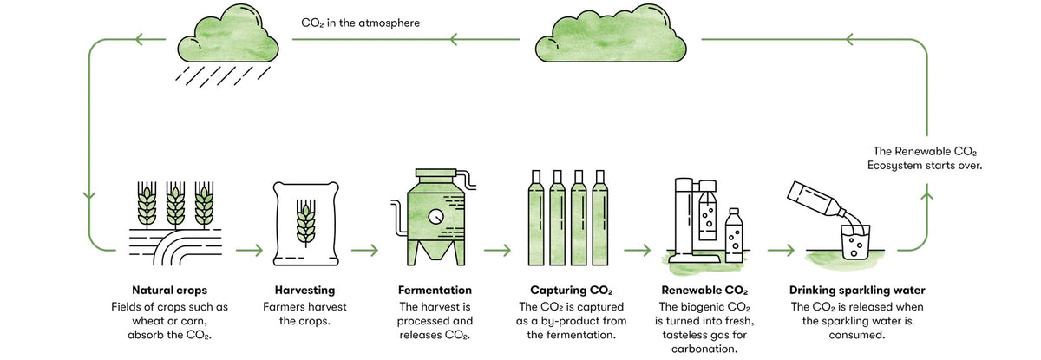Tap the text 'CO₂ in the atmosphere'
coord(360,23)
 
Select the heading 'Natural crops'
coord(170,290)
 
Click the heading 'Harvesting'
coord(298,290)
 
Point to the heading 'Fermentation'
coord(435,290)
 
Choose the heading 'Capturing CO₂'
coord(571,290)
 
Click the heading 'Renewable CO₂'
coord(704,290)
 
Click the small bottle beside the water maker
coord(734,235)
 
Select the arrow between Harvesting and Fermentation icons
coord(364,251)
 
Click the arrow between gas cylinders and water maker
coord(636,251)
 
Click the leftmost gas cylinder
coord(534,217)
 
